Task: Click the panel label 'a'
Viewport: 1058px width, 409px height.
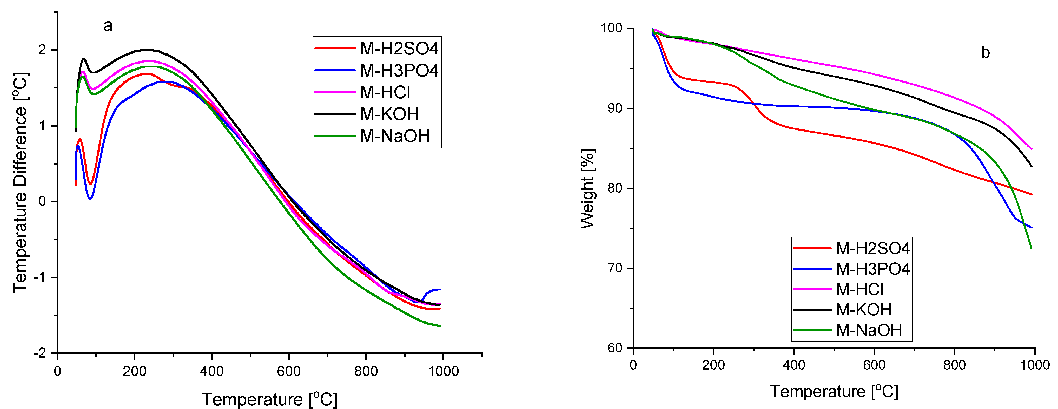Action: pos(108,26)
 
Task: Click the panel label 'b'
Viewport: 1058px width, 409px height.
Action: pos(985,52)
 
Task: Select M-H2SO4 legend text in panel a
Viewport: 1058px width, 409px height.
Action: pos(399,49)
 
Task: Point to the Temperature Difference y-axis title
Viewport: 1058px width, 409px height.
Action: pos(20,182)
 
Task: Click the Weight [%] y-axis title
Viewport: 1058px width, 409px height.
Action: pos(588,189)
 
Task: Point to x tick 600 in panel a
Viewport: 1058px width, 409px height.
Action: pos(289,371)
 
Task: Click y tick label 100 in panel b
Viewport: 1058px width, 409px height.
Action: pos(612,28)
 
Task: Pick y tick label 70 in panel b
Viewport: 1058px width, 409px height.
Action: pos(615,268)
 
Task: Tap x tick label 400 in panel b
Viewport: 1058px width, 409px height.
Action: pos(794,365)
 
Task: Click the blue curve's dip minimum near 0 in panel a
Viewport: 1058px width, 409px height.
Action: pos(90,199)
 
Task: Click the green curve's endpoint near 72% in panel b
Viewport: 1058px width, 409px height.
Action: pos(1031,248)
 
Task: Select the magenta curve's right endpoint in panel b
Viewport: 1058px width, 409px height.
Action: pos(1031,149)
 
